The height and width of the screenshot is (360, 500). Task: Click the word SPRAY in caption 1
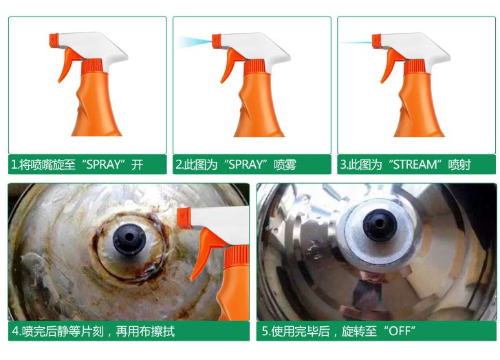click(x=103, y=165)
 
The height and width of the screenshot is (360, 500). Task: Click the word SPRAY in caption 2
click(x=246, y=165)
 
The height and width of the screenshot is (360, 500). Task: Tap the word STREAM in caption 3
click(x=415, y=165)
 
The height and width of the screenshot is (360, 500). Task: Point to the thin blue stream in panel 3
click(x=355, y=42)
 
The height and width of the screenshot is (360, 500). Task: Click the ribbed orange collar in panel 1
click(x=92, y=66)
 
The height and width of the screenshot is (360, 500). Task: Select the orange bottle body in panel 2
click(x=259, y=105)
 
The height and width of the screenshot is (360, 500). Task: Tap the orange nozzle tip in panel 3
click(x=377, y=41)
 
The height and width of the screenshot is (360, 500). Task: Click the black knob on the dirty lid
click(x=129, y=239)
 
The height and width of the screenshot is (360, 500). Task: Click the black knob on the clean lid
click(x=380, y=225)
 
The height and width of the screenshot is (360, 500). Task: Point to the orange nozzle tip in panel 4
click(x=184, y=218)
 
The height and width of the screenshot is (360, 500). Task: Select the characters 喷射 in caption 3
click(x=459, y=165)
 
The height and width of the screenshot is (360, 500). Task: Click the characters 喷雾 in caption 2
click(x=285, y=165)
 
